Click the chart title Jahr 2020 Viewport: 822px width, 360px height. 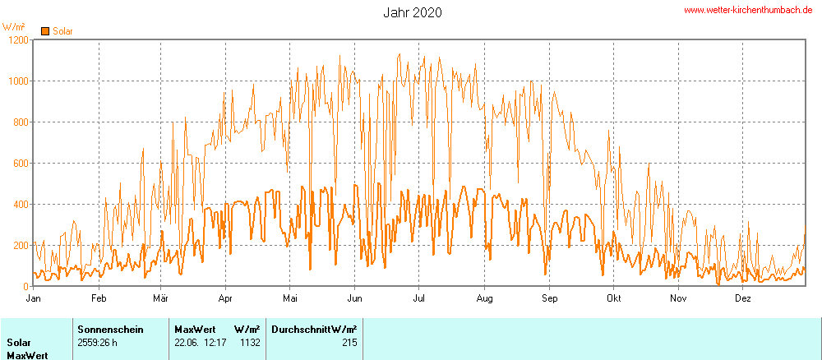click(x=413, y=12)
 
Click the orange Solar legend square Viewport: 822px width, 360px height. click(x=45, y=31)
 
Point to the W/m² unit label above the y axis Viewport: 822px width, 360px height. click(x=14, y=26)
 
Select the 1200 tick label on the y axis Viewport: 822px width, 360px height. click(x=16, y=39)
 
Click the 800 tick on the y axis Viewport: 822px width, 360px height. click(x=20, y=122)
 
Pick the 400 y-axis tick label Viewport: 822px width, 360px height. click(x=20, y=204)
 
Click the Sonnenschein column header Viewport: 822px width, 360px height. click(x=110, y=329)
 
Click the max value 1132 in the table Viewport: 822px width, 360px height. click(x=250, y=343)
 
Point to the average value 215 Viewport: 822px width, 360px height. click(x=349, y=343)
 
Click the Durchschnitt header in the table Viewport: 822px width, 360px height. click(x=302, y=329)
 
